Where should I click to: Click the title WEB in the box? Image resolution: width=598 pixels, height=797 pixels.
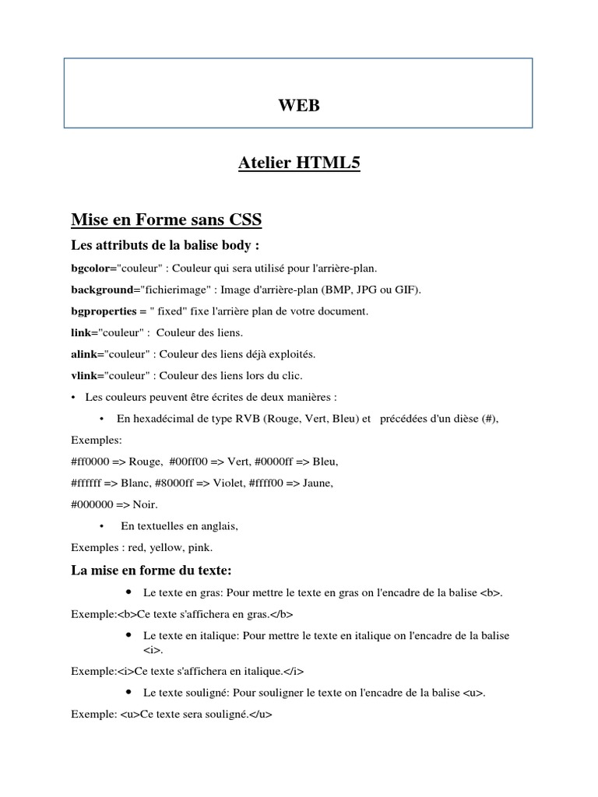click(299, 104)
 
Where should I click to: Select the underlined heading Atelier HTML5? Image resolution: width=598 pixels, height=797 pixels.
click(299, 163)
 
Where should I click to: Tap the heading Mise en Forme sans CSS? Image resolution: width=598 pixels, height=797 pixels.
click(167, 221)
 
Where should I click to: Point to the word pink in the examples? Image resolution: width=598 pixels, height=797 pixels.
click(199, 547)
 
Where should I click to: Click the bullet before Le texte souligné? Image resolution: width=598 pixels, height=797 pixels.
click(127, 691)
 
